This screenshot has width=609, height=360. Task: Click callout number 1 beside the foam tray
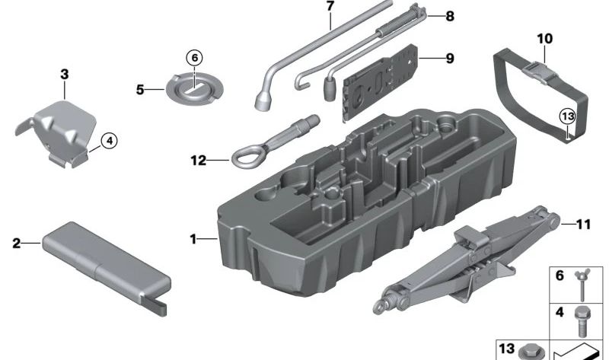coord(193,240)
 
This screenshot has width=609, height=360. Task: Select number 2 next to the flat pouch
coord(16,244)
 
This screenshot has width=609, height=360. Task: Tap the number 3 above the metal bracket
coord(65,74)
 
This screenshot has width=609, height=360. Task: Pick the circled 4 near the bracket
coord(109,140)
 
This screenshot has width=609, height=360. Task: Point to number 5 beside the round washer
coord(140,89)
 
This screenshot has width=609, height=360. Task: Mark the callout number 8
coord(450,15)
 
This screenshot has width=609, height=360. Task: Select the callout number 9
coord(450,57)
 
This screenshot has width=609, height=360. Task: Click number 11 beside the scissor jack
coord(582,224)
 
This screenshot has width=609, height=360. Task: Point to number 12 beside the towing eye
coord(199,160)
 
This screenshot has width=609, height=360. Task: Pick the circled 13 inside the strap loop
coord(567,116)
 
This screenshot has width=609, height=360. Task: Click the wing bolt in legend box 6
coord(582,284)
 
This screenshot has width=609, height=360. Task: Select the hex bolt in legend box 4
coord(583,317)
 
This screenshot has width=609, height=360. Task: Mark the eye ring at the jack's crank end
coord(378,305)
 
